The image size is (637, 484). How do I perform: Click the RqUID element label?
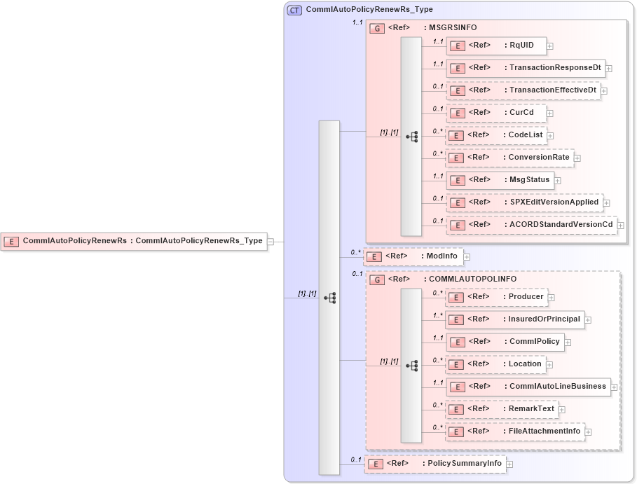pyautogui.click(x=521, y=46)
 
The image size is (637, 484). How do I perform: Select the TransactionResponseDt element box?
pyautogui.click(x=526, y=68)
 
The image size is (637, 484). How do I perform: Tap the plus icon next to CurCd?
pyautogui.click(x=550, y=113)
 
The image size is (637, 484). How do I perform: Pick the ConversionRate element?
pyautogui.click(x=510, y=158)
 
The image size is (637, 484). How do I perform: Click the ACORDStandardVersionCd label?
pyautogui.click(x=561, y=225)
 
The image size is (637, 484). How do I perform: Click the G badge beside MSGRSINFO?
pyautogui.click(x=377, y=28)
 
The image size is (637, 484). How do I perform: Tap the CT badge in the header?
pyautogui.click(x=295, y=10)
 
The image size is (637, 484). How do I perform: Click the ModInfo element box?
pyautogui.click(x=413, y=256)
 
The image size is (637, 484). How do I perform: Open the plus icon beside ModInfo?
pyautogui.click(x=467, y=257)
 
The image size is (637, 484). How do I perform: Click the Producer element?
pyautogui.click(x=497, y=297)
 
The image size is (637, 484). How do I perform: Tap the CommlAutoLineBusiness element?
pyautogui.click(x=528, y=386)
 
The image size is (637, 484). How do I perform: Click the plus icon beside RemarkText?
pyautogui.click(x=562, y=410)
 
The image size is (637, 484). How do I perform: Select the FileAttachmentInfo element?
pyautogui.click(x=515, y=431)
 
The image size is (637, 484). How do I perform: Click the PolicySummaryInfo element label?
pyautogui.click(x=465, y=463)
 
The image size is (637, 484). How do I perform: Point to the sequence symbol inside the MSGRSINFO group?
pyautogui.click(x=412, y=137)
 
